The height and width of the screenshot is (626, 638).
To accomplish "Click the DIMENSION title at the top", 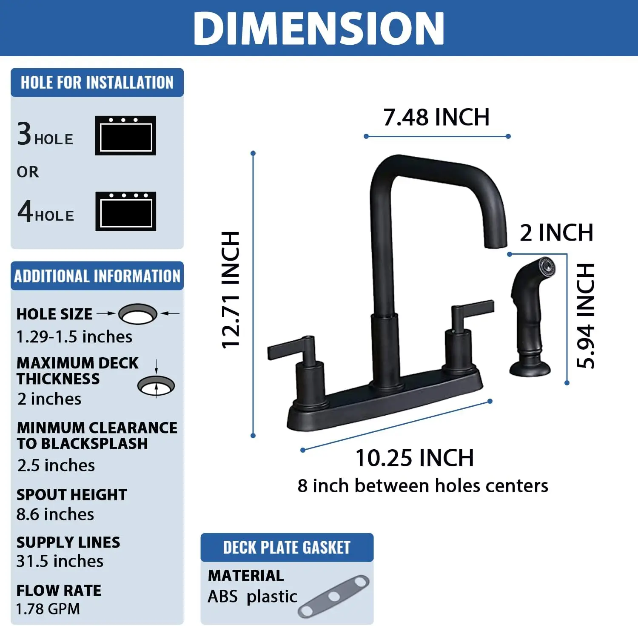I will click(319, 28).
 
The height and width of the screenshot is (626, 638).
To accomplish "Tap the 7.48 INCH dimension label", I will click(436, 118).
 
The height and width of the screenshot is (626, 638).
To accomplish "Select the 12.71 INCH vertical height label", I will click(231, 290).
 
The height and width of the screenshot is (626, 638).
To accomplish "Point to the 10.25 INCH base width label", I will click(415, 458).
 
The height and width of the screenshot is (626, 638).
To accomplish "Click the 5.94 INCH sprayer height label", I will click(586, 315).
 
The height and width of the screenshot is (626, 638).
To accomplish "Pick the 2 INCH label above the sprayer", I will click(556, 233).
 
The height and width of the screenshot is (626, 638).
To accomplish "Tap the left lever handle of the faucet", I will click(289, 348).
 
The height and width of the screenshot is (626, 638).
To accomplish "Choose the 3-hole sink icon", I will click(125, 135).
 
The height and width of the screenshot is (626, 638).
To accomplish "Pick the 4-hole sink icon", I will click(125, 212).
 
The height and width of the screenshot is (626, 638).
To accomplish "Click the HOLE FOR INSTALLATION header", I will click(97, 83).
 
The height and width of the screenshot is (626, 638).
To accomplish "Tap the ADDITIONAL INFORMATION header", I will click(97, 276).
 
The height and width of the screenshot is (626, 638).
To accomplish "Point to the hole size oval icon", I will click(137, 314).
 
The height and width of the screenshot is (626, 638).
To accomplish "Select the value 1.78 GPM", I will click(48, 609).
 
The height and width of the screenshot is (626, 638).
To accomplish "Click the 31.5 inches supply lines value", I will click(60, 561).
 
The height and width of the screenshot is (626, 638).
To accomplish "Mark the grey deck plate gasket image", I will click(334, 596).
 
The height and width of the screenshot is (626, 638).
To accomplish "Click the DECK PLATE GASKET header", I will click(287, 548).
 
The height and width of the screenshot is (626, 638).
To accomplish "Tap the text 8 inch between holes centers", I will click(423, 486).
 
